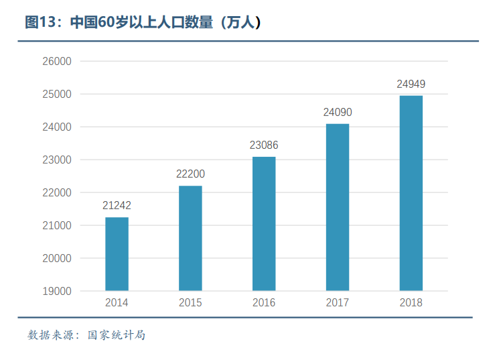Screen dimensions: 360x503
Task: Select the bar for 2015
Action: pos(190,238)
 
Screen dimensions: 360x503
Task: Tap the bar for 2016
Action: pos(264,223)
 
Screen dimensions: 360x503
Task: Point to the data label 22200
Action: pos(190,174)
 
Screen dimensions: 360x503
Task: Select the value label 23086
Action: pos(264,145)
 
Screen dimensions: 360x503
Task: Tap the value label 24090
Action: pos(338,113)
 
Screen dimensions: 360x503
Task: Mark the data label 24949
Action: pos(411,84)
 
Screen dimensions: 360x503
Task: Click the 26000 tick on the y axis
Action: pos(57,62)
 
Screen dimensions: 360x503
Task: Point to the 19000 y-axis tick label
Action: pos(57,292)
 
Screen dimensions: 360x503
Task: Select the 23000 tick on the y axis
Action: pos(57,160)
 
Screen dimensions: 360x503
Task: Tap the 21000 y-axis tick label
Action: pos(57,226)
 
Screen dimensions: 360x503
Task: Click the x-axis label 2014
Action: pos(117,303)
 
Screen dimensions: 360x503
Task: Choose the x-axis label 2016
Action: pos(264,303)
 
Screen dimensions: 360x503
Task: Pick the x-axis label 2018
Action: pos(411,303)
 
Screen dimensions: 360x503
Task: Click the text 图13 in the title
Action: pos(40,23)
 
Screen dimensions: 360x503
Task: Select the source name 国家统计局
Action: pos(117,335)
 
